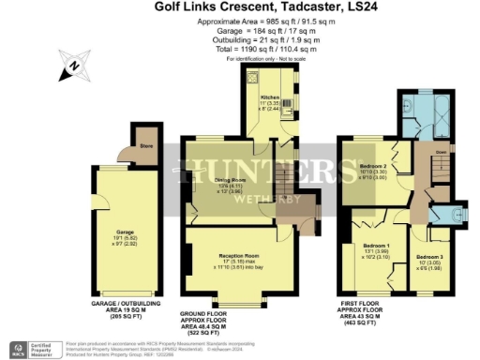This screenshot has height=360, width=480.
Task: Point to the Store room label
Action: [145, 145]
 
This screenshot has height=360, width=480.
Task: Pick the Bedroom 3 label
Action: [430, 256]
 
